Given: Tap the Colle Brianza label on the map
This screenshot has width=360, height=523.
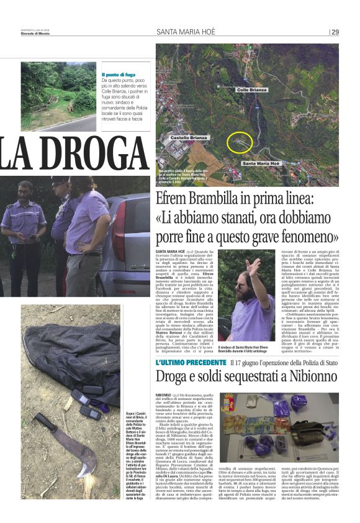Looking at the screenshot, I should click(x=251, y=90).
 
